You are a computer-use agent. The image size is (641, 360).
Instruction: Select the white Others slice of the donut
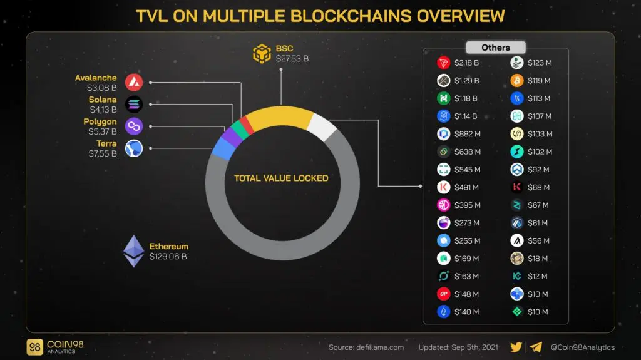(322, 127)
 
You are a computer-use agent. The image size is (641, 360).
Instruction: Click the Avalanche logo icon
(133, 82)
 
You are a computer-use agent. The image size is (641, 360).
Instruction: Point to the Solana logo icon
(133, 104)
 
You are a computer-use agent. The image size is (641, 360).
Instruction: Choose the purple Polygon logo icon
(133, 126)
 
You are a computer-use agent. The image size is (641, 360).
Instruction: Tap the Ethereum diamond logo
(133, 251)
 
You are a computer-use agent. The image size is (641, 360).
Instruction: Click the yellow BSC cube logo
(262, 54)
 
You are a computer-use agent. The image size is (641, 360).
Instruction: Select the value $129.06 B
(168, 257)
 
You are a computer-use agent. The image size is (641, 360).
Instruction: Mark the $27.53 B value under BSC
(292, 59)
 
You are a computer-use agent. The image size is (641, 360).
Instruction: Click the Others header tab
(495, 48)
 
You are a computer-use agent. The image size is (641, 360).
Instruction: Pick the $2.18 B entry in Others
(466, 63)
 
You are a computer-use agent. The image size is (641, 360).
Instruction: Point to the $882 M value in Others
(467, 134)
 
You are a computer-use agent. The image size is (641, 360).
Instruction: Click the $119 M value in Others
(539, 81)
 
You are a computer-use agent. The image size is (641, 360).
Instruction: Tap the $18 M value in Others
(537, 259)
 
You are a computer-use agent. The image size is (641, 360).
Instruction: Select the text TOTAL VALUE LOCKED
(281, 178)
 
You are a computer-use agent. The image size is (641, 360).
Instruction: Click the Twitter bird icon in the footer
(516, 347)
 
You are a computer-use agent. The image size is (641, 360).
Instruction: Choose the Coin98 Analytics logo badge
(35, 347)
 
